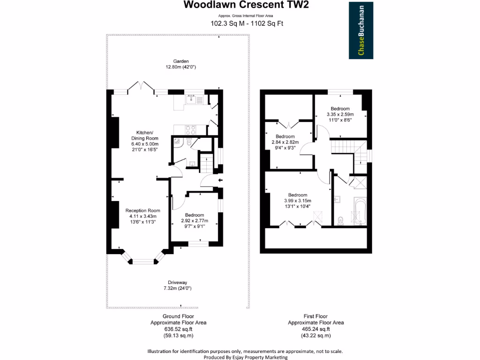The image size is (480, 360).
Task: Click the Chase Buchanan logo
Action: coord(361,30)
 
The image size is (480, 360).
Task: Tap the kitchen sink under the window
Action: coord(194,99)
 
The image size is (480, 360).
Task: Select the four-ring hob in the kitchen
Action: coord(190,129)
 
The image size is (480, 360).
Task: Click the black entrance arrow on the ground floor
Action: coord(220,180)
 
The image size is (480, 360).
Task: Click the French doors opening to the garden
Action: coord(142,88)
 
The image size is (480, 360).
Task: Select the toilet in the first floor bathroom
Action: coord(341,219)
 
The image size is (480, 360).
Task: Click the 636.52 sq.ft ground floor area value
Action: coord(178,329)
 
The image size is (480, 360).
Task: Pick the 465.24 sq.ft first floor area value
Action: coord(315,329)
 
